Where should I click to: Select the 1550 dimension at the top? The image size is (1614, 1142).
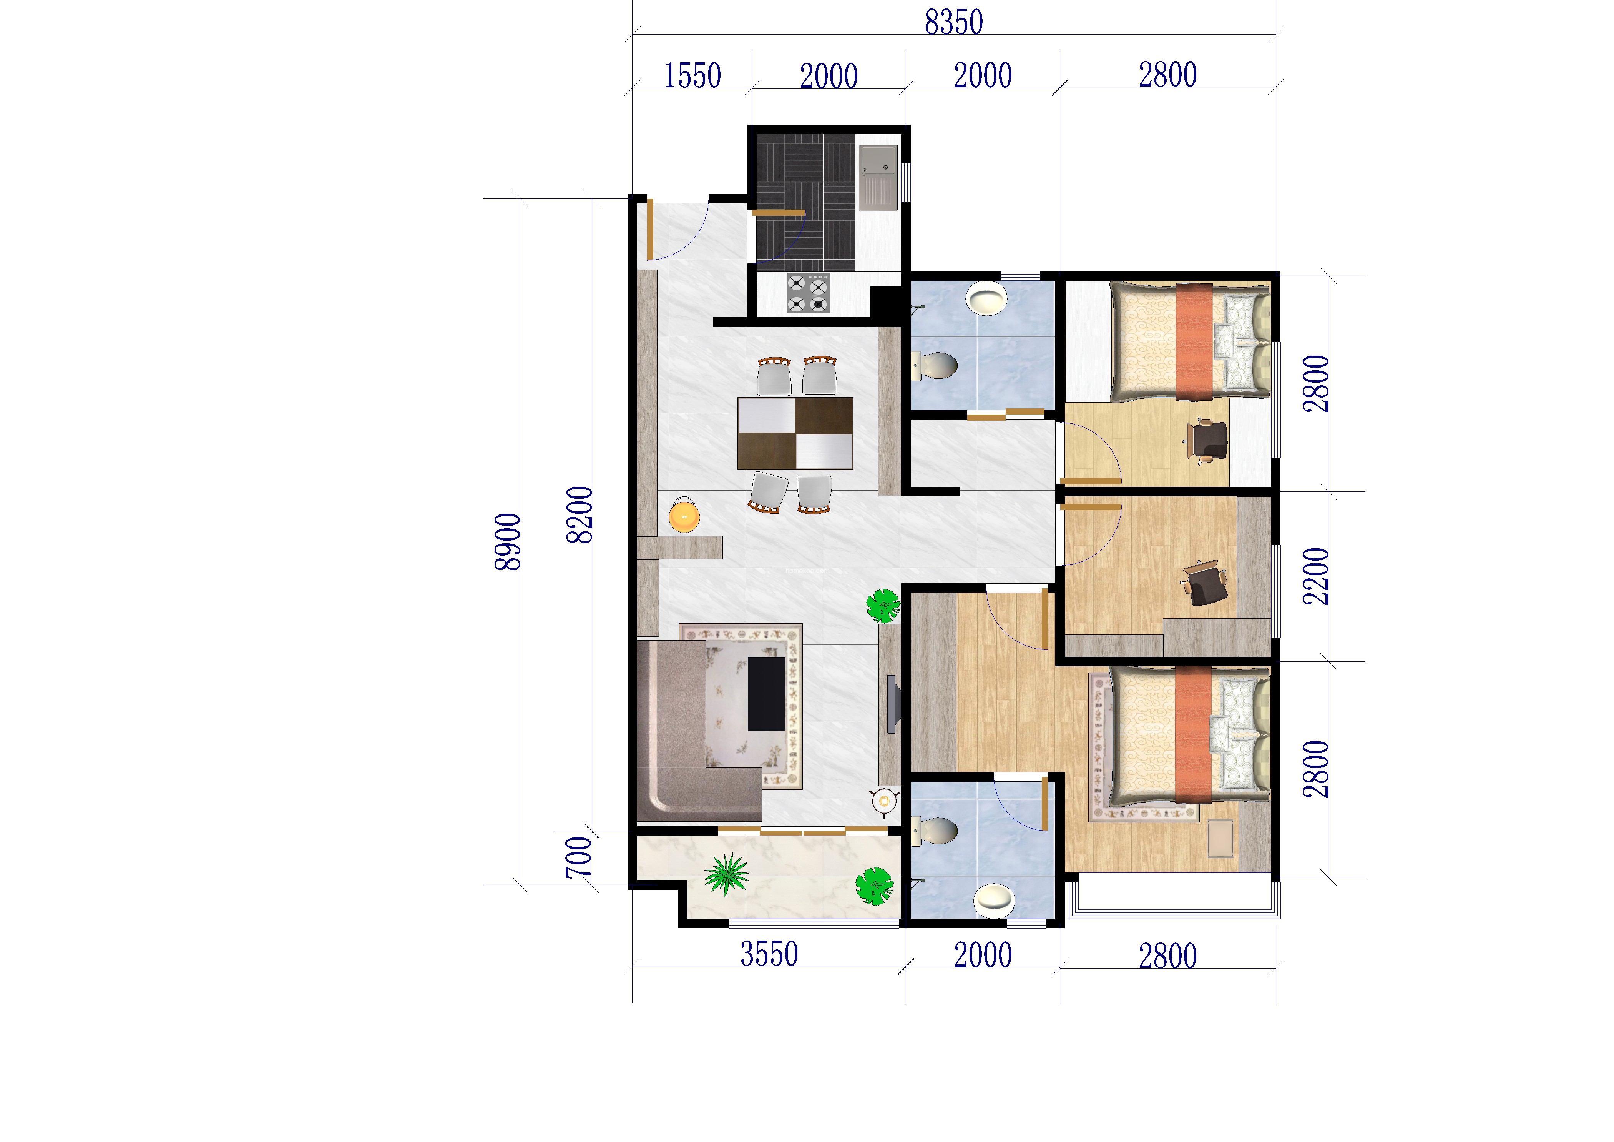coord(692,76)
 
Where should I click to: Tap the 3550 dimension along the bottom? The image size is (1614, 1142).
coord(769,954)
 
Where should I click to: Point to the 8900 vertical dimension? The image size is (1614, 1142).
coord(508,541)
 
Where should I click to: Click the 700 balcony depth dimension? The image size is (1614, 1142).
coord(578,857)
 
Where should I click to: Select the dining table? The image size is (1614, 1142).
coord(795,433)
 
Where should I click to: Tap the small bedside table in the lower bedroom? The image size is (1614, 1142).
coord(1220,838)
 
